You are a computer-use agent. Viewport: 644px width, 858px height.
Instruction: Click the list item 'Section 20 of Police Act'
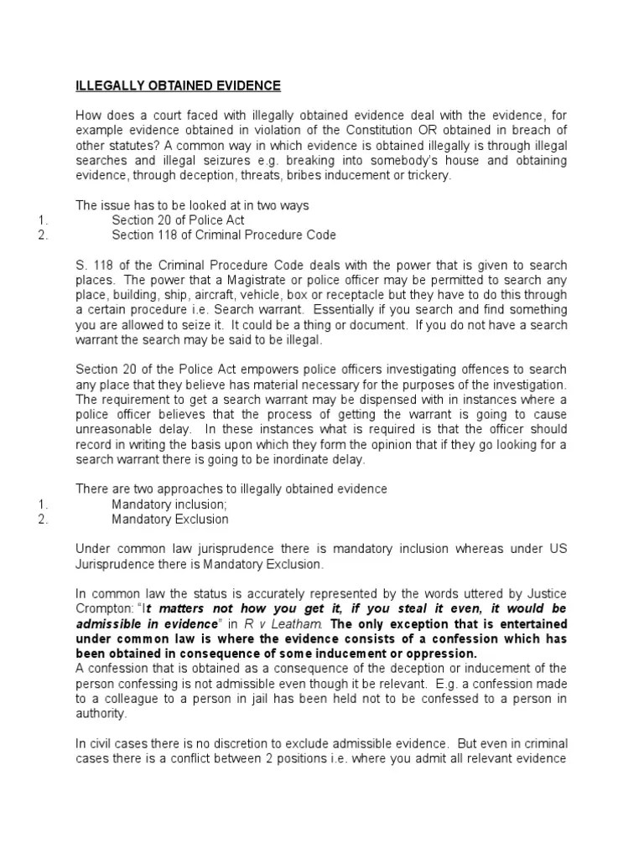pos(178,220)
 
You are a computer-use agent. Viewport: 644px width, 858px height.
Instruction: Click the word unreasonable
pos(113,430)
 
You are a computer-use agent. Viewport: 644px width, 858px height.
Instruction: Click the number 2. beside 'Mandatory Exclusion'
pos(44,519)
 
